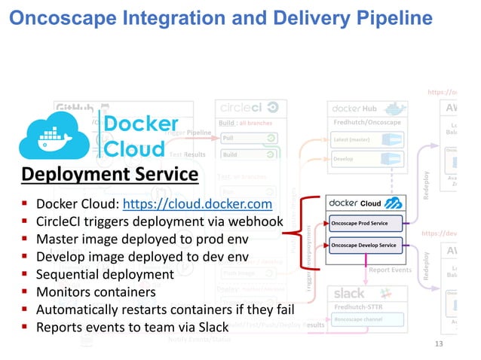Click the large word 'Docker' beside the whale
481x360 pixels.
[x=140, y=124]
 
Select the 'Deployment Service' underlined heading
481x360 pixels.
[x=109, y=175]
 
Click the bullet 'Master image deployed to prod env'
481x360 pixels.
[x=142, y=239]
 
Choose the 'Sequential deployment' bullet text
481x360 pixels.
[x=105, y=273]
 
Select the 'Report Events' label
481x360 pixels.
[x=390, y=270]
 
